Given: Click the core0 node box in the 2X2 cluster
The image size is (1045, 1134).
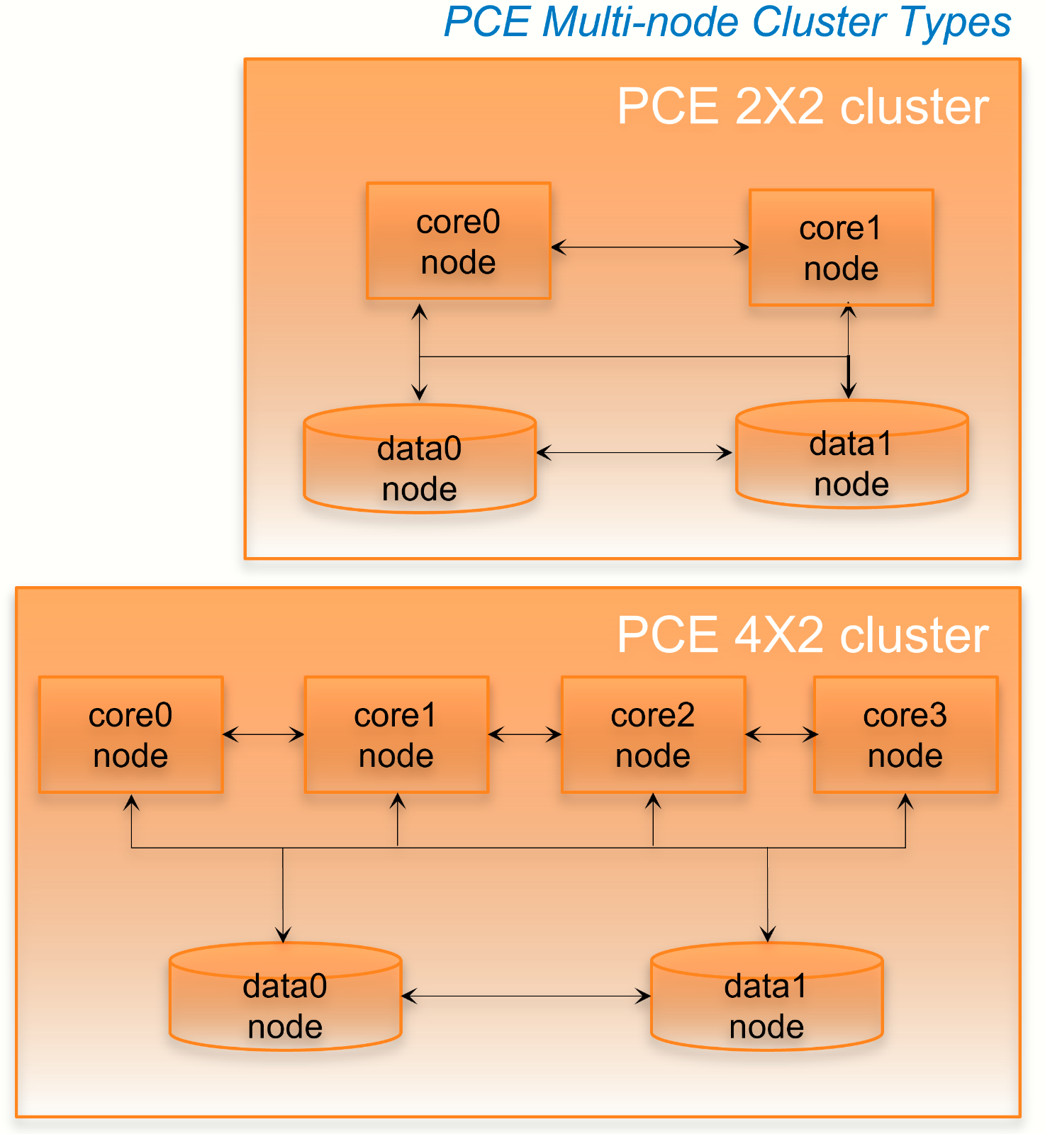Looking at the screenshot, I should pyautogui.click(x=458, y=241).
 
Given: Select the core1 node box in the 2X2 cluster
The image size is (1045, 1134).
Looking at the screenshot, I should pyautogui.click(x=841, y=247).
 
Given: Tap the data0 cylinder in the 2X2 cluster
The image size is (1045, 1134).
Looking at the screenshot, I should pyautogui.click(x=419, y=468).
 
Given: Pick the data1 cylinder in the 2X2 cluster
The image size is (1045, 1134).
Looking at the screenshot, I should pyautogui.click(x=851, y=464).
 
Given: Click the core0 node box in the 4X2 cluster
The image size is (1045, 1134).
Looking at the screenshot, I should pyautogui.click(x=130, y=734).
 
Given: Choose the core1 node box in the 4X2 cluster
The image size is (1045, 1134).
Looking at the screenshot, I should pyautogui.click(x=396, y=734).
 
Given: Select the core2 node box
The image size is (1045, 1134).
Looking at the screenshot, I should pyautogui.click(x=653, y=734).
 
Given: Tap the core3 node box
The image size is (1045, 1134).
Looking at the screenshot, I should pyautogui.click(x=905, y=734).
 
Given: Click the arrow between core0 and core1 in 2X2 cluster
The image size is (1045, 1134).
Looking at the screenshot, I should pyautogui.click(x=649, y=247).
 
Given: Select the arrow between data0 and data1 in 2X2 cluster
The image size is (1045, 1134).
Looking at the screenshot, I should pyautogui.click(x=635, y=452).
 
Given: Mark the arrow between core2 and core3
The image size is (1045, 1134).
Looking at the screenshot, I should pyautogui.click(x=781, y=734).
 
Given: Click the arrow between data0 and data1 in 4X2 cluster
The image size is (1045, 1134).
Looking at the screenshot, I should pyautogui.click(x=526, y=997).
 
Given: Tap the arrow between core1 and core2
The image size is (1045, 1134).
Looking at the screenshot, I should pyautogui.click(x=525, y=734).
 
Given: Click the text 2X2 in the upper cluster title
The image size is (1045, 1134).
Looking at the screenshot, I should pyautogui.click(x=780, y=107).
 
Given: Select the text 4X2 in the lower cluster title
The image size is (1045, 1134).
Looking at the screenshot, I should pyautogui.click(x=780, y=635).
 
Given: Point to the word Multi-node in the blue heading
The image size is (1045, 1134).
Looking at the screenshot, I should pyautogui.click(x=641, y=22).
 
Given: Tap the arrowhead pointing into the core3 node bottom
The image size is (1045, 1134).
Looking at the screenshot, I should pyautogui.click(x=905, y=802).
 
